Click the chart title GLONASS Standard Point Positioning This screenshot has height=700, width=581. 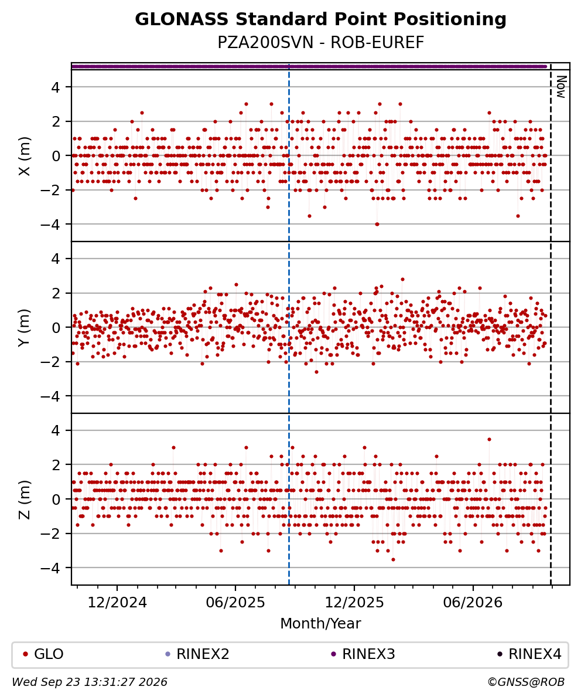click(320, 20)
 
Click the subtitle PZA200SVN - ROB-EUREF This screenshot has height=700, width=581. click(320, 42)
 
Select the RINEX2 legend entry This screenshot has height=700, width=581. click(197, 654)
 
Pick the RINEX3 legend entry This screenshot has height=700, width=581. click(363, 654)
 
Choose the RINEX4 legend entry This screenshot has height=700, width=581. click(529, 654)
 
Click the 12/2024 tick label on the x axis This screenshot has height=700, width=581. click(117, 603)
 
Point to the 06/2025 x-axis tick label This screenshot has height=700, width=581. click(235, 603)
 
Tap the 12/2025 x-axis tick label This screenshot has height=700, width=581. click(354, 603)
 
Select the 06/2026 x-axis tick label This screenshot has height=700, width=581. click(473, 603)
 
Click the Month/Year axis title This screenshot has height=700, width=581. click(320, 623)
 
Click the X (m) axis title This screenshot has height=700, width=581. click(25, 156)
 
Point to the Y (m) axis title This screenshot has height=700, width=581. click(25, 327)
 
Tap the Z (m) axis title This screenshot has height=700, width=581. click(25, 499)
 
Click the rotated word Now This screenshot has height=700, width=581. click(561, 87)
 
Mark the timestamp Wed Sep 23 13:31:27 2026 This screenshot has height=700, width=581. click(90, 682)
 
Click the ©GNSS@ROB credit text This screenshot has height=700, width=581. click(526, 682)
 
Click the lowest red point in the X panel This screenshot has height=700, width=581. click(377, 224)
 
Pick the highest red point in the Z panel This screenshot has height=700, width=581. click(489, 439)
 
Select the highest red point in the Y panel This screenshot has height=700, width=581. click(402, 280)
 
